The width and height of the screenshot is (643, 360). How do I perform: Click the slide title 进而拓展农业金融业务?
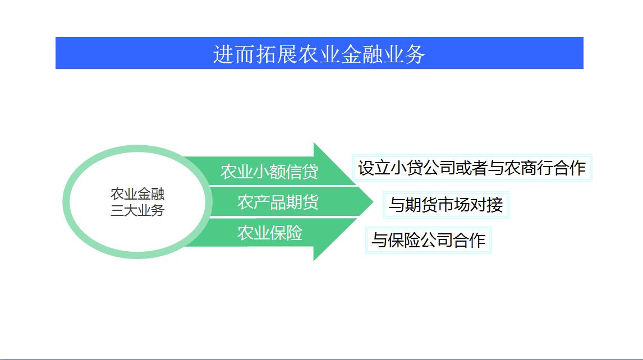pos(319,54)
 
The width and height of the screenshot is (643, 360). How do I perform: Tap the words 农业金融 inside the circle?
pos(137,193)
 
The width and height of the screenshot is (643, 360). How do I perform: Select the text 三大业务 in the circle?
pos(137,210)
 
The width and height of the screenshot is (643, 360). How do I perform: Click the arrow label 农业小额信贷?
pos(269,172)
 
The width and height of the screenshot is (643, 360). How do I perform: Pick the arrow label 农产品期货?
pos(278,202)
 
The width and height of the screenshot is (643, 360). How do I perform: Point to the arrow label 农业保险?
pos(270,233)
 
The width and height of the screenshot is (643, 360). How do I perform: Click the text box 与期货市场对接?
pos(445,205)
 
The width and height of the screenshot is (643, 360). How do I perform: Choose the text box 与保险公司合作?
pos(429,240)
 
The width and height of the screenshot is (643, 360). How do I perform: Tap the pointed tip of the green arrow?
pos(373,202)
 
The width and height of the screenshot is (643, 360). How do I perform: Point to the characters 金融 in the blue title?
pos(362,54)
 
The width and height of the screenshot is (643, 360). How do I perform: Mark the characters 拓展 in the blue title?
pos(277,54)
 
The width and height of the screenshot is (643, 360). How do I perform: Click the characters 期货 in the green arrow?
pos(302,202)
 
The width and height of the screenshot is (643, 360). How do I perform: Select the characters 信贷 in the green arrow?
pos(302,172)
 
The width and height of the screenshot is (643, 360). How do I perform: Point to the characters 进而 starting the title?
pos(234,54)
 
